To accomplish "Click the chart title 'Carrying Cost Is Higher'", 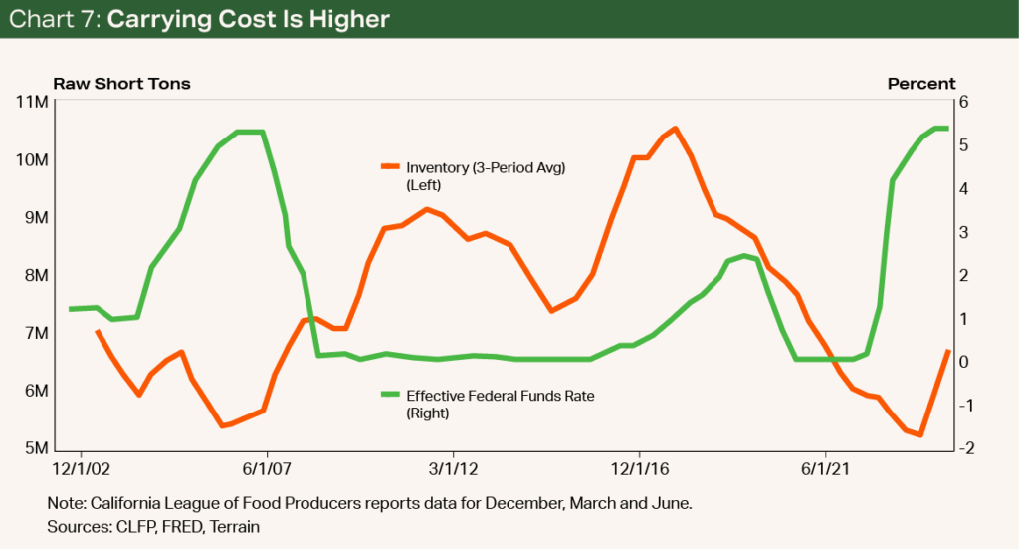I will coord(248,19).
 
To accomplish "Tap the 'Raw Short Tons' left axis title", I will coord(121,84).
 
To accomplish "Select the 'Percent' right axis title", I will coord(920,84).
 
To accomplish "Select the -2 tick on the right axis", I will coord(966,448).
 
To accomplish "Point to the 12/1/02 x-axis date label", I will coord(83,466).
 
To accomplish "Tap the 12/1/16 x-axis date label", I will coord(638,466).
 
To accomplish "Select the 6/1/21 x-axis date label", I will coord(824,466).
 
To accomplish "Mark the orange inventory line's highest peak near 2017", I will coord(675,129).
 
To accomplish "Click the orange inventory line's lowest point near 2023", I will coord(920,434).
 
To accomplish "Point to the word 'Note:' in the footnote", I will coord(67,505).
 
